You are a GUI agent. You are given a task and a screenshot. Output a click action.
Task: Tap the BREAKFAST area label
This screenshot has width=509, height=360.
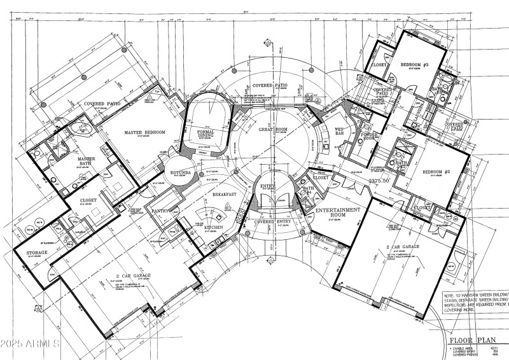(225, 194)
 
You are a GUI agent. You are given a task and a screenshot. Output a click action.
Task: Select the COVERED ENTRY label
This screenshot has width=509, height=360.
(272, 223)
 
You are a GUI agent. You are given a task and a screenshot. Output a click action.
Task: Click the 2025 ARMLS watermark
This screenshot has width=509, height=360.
(30, 343)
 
